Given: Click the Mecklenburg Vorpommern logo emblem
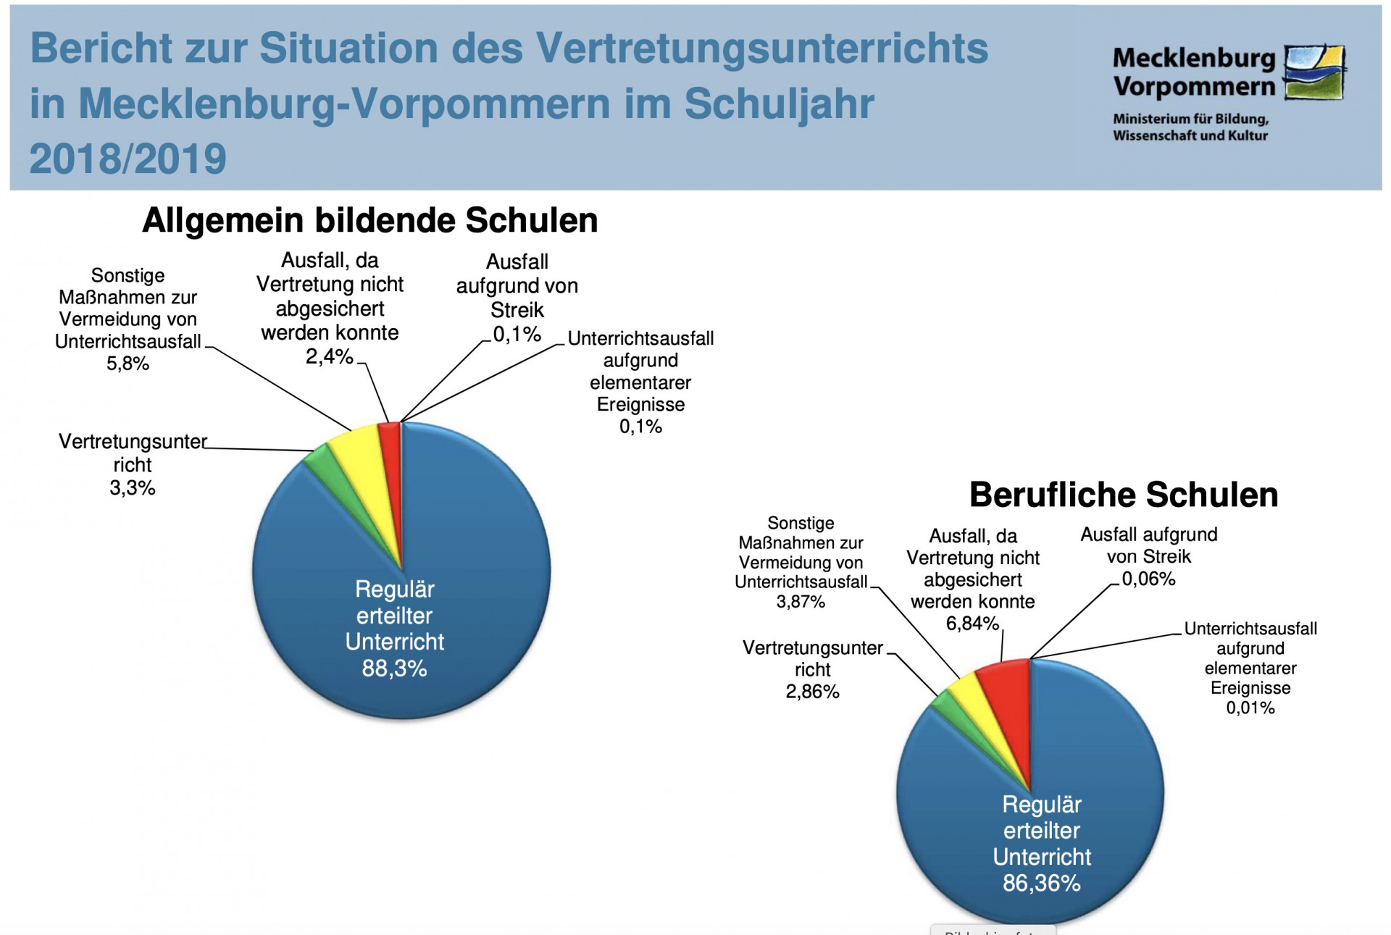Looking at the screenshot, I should [x=1314, y=72].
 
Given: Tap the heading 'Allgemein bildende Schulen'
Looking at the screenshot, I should [x=369, y=220].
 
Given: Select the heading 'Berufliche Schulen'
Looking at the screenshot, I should [x=1123, y=495].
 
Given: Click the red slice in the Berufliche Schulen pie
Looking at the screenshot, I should [x=1006, y=688].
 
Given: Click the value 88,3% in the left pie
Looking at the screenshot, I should [x=394, y=668].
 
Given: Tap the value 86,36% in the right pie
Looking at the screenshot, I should [x=1041, y=883].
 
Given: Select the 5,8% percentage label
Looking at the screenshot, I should [x=128, y=364].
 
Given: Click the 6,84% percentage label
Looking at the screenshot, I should [x=972, y=623].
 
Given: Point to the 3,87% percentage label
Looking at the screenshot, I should [x=801, y=602].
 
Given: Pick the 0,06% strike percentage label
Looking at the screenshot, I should [x=1148, y=579].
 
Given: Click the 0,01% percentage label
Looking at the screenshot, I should [x=1250, y=708].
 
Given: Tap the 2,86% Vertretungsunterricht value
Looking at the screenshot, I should [x=812, y=692].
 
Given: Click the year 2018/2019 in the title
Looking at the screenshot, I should [x=128, y=159].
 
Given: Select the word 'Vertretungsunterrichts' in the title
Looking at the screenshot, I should [x=761, y=49].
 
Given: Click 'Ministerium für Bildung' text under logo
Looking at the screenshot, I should [x=1190, y=119].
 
